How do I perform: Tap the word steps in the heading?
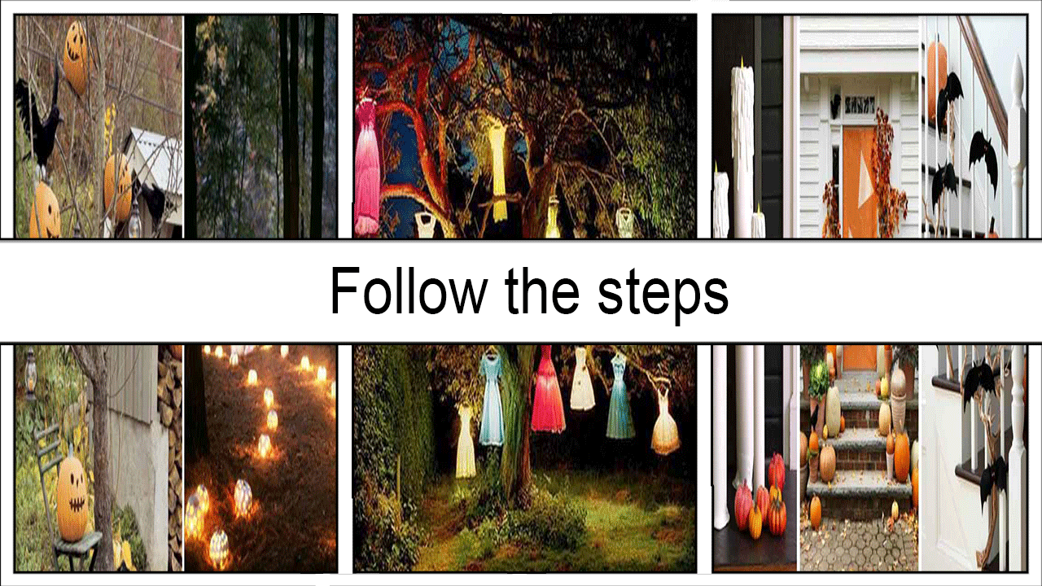click(x=663, y=295)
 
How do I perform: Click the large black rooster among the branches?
click(x=40, y=121)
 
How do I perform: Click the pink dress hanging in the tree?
click(x=367, y=168)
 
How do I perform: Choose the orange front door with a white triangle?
click(x=859, y=181)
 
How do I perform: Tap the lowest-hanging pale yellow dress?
click(x=464, y=442)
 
